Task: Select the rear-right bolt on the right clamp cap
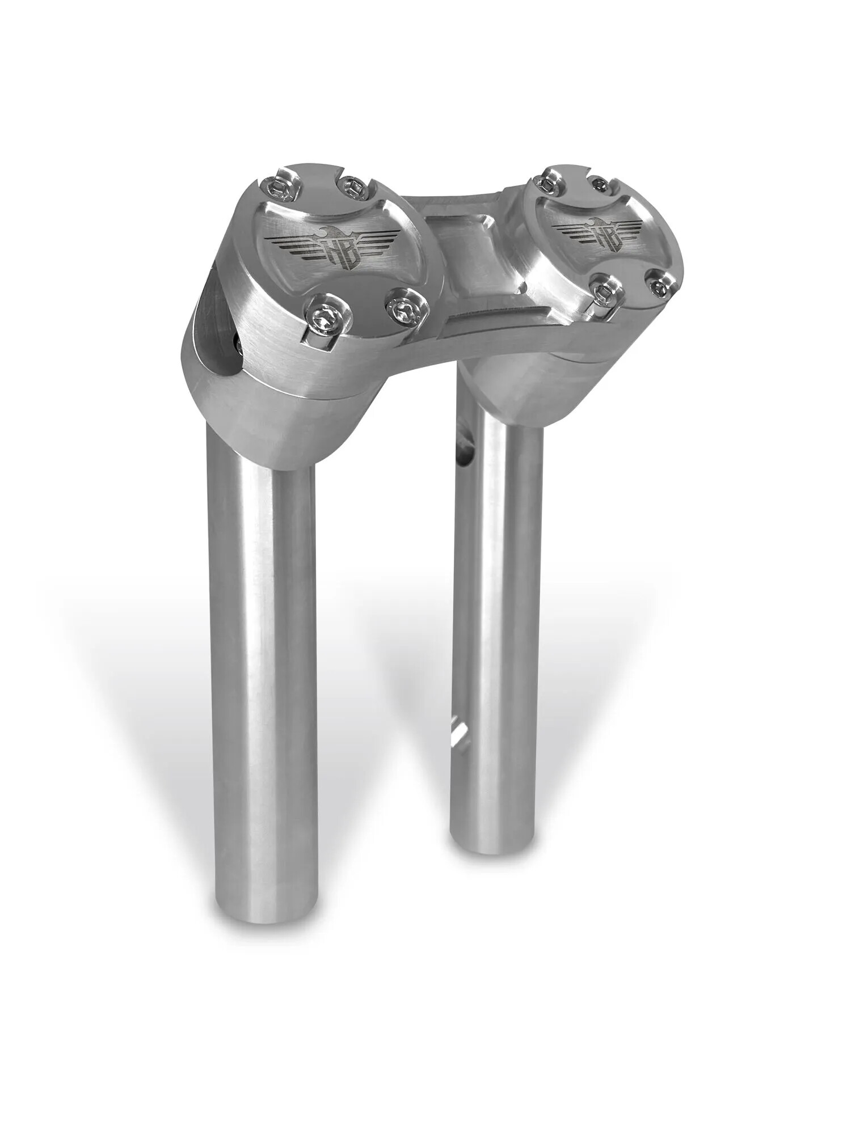click(x=601, y=183)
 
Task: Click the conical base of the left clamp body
click(x=272, y=414)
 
